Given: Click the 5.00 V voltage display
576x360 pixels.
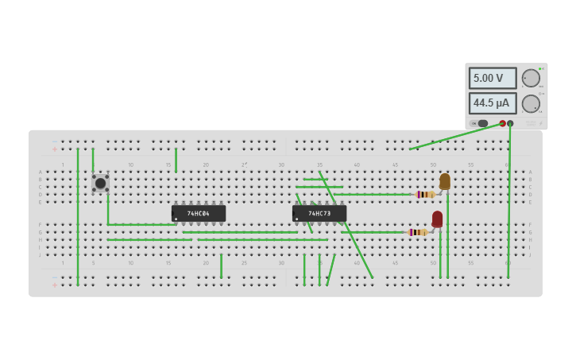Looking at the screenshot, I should click(492, 78).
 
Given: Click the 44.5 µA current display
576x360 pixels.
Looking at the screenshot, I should click(492, 103).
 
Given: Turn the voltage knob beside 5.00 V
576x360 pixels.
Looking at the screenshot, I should click(530, 78).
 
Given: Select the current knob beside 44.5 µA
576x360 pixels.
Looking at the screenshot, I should click(530, 103).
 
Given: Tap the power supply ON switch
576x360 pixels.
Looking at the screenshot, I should click(481, 123).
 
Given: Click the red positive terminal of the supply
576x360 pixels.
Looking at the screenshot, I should click(502, 123).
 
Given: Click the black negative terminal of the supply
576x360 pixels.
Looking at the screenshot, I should click(510, 123).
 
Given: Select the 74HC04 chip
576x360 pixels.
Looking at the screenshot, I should click(199, 213).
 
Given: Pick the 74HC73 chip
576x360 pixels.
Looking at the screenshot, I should click(319, 213).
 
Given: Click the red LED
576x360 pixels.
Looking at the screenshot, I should click(437, 219).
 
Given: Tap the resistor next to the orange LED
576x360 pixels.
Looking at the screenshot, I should click(425, 194).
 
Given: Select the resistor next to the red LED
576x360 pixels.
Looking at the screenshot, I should click(417, 232).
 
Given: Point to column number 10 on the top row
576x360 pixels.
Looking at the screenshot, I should click(131, 165).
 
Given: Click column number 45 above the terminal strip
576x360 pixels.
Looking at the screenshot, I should click(395, 165).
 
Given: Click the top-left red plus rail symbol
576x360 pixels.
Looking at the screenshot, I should click(55, 149).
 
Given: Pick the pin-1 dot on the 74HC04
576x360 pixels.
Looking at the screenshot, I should click(176, 219).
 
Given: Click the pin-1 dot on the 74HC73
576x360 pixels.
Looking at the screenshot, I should click(297, 219).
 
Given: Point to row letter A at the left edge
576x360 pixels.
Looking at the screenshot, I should click(41, 172).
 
